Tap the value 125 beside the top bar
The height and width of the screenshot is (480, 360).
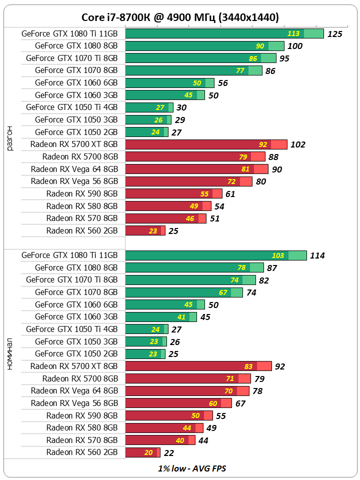pyautogui.click(x=334, y=33)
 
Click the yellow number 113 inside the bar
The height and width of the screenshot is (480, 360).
pyautogui.click(x=293, y=33)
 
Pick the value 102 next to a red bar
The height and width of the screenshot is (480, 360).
pyautogui.click(x=297, y=144)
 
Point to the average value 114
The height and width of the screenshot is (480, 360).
pyautogui.click(x=317, y=255)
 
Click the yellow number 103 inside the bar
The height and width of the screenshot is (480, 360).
pyautogui.click(x=277, y=255)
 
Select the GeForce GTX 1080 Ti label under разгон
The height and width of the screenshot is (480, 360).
pyautogui.click(x=69, y=33)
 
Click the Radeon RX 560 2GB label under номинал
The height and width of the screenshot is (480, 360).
pyautogui.click(x=82, y=452)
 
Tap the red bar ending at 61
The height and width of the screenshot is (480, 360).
pyautogui.click(x=173, y=193)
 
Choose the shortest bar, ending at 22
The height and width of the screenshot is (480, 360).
pyautogui.click(x=142, y=452)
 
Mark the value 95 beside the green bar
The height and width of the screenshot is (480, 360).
pyautogui.click(x=284, y=58)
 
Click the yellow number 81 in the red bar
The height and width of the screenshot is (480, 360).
pyautogui.click(x=244, y=169)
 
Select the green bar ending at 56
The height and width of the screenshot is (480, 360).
pyautogui.click(x=169, y=83)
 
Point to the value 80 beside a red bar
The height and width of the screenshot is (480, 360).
pyautogui.click(x=260, y=181)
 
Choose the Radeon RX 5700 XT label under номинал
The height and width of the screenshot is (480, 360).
pyautogui.click(x=74, y=366)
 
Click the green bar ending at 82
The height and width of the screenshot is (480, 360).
pyautogui.click(x=190, y=280)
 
